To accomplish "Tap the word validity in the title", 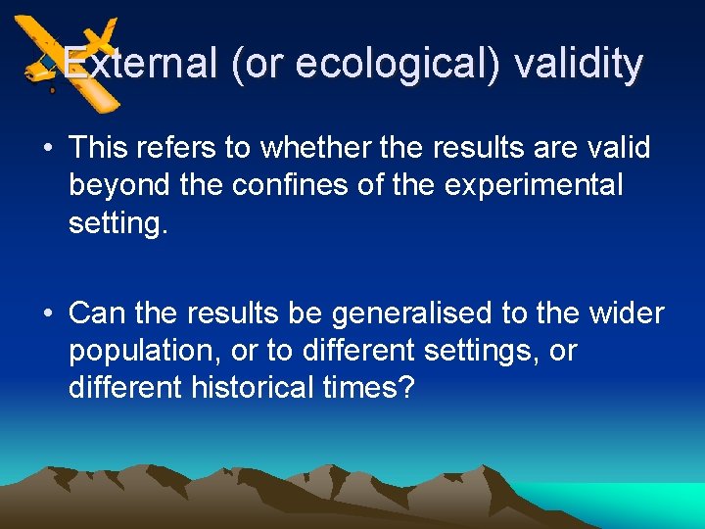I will pos(578,65).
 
